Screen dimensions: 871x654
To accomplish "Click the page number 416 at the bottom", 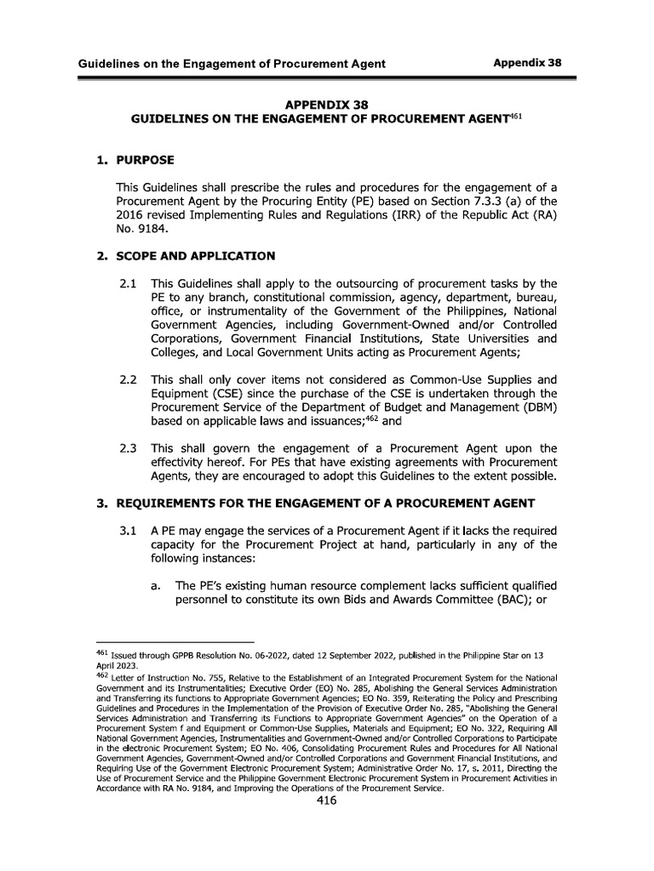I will click(x=327, y=800).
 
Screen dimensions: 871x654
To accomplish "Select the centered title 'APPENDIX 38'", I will click(x=327, y=105).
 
